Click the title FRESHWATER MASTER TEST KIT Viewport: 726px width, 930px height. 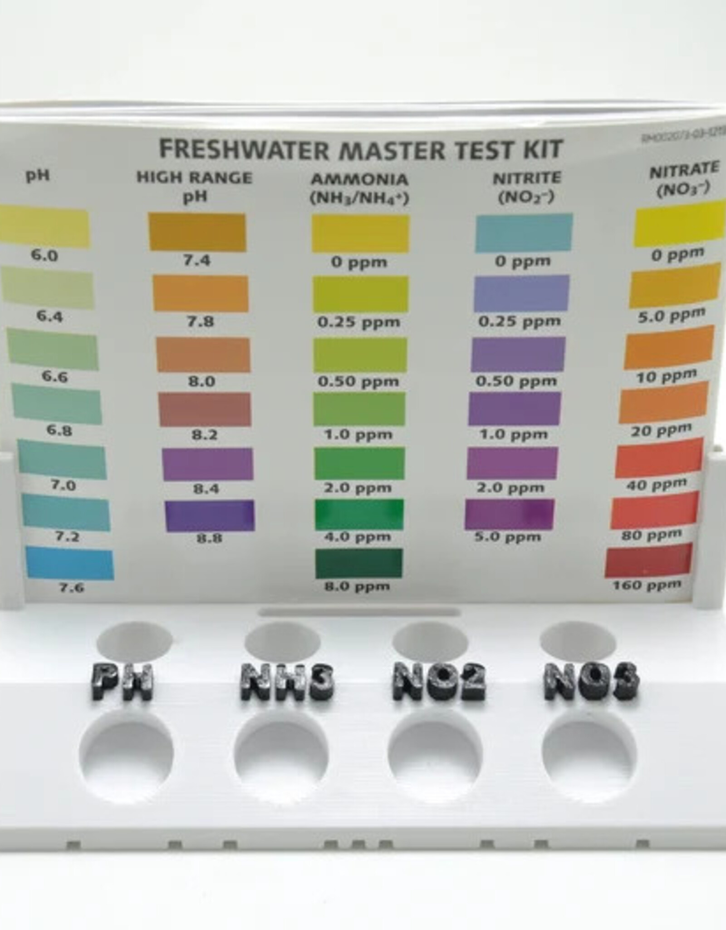(x=361, y=149)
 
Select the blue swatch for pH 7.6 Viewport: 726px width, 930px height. (x=69, y=564)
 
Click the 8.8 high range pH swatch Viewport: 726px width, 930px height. (x=210, y=515)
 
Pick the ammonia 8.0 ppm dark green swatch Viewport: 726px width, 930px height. (x=358, y=564)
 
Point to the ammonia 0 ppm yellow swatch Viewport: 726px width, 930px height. (x=360, y=233)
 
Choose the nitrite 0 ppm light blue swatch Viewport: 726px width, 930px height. (x=524, y=232)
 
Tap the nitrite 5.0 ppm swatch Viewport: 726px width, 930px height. (x=510, y=514)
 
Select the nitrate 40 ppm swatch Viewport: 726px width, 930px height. (x=659, y=458)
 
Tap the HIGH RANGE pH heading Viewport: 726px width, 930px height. (x=195, y=186)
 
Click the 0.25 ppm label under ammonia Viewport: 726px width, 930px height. (x=358, y=322)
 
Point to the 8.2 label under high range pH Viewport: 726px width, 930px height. (x=204, y=435)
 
